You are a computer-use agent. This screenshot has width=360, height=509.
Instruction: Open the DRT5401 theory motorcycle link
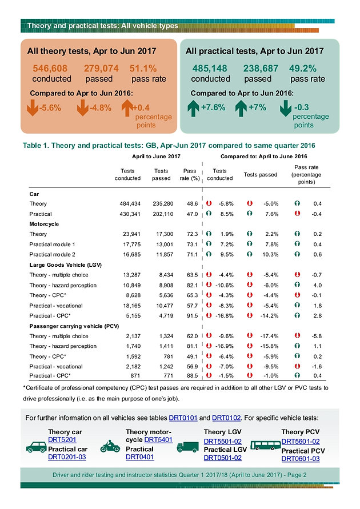(x=158, y=439)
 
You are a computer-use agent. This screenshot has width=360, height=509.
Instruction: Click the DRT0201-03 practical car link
(x=67, y=456)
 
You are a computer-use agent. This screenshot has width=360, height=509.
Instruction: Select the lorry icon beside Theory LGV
(x=187, y=447)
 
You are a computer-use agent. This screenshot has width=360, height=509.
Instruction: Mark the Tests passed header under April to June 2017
(x=161, y=174)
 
